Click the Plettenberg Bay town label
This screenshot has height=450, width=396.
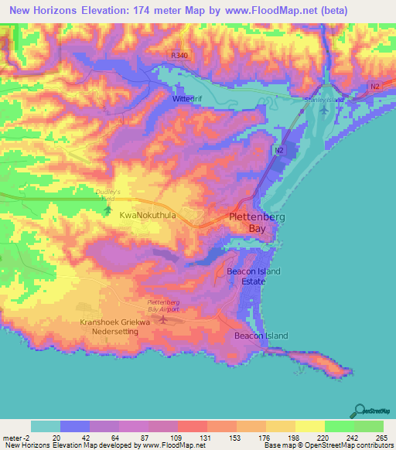click(x=256, y=223)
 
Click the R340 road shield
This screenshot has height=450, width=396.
click(x=179, y=55)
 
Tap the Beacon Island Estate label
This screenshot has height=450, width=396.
click(x=253, y=276)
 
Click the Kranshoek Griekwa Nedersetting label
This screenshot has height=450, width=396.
click(x=109, y=326)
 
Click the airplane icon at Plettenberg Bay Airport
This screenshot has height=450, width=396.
click(x=162, y=318)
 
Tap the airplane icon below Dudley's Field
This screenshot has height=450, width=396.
click(x=107, y=208)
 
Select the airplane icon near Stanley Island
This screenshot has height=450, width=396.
click(x=323, y=111)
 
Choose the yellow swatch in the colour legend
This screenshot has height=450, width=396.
click(x=309, y=426)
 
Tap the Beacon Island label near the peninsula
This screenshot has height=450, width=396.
click(x=261, y=336)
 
